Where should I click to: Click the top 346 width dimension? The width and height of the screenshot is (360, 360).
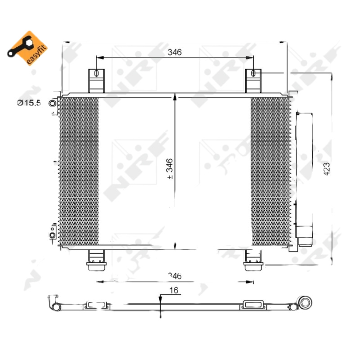click(x=174, y=52)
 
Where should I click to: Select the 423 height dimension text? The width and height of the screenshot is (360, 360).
click(x=327, y=169)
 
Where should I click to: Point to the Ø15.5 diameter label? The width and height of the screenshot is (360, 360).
click(x=29, y=103)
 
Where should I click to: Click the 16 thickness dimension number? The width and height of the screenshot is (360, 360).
click(x=174, y=291)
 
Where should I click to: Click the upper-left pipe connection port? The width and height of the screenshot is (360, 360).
click(x=53, y=104)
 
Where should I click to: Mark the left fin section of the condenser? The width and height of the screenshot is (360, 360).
click(x=79, y=171)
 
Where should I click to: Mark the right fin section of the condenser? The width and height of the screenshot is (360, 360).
click(x=267, y=171)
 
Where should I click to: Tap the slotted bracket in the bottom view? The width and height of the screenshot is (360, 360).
click(x=254, y=305)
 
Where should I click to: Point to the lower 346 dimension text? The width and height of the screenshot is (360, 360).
click(x=174, y=275)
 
